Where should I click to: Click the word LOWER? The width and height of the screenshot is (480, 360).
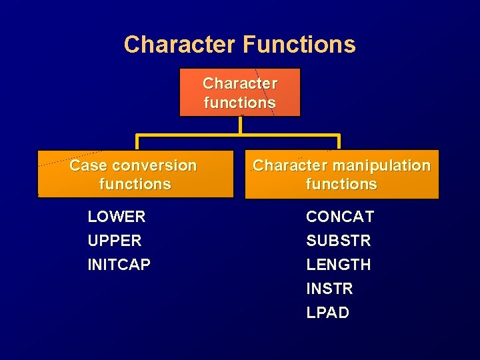117,217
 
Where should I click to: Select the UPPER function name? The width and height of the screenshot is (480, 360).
115,241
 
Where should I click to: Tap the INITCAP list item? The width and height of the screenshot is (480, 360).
119,265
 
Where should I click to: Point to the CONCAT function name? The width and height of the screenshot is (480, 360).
340,217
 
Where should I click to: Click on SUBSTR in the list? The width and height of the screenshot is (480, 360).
339,241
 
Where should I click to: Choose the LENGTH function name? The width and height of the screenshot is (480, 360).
339,265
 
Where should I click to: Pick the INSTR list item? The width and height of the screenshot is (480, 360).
329,289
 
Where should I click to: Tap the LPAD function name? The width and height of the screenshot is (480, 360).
328,313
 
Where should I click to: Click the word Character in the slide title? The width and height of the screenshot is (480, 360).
179,45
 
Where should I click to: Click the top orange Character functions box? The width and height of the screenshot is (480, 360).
240,93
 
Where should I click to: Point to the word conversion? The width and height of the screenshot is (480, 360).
155,165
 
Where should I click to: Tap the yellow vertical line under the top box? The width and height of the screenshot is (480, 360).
240,125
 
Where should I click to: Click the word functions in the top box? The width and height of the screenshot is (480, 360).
240,103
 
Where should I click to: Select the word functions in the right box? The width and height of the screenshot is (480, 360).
341,184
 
